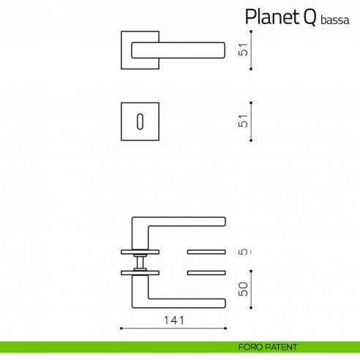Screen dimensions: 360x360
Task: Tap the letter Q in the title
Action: point(308,17)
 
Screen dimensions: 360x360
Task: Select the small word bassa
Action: point(334,20)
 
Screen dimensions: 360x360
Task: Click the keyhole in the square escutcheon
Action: point(139,122)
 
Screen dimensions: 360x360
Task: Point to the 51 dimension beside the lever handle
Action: point(244,50)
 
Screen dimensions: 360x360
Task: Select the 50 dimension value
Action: point(244,288)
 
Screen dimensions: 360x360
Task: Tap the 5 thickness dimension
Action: point(244,252)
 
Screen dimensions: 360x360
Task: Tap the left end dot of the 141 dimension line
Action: point(121,327)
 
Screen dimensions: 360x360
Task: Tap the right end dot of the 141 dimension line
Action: point(226,327)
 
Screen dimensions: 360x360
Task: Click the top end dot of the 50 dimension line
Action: point(251,274)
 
